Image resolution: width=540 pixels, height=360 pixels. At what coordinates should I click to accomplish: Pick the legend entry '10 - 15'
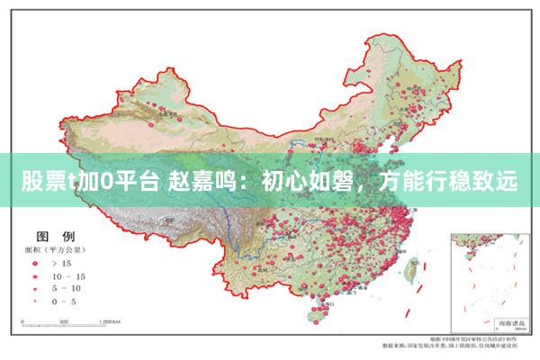click(x=67, y=275)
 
